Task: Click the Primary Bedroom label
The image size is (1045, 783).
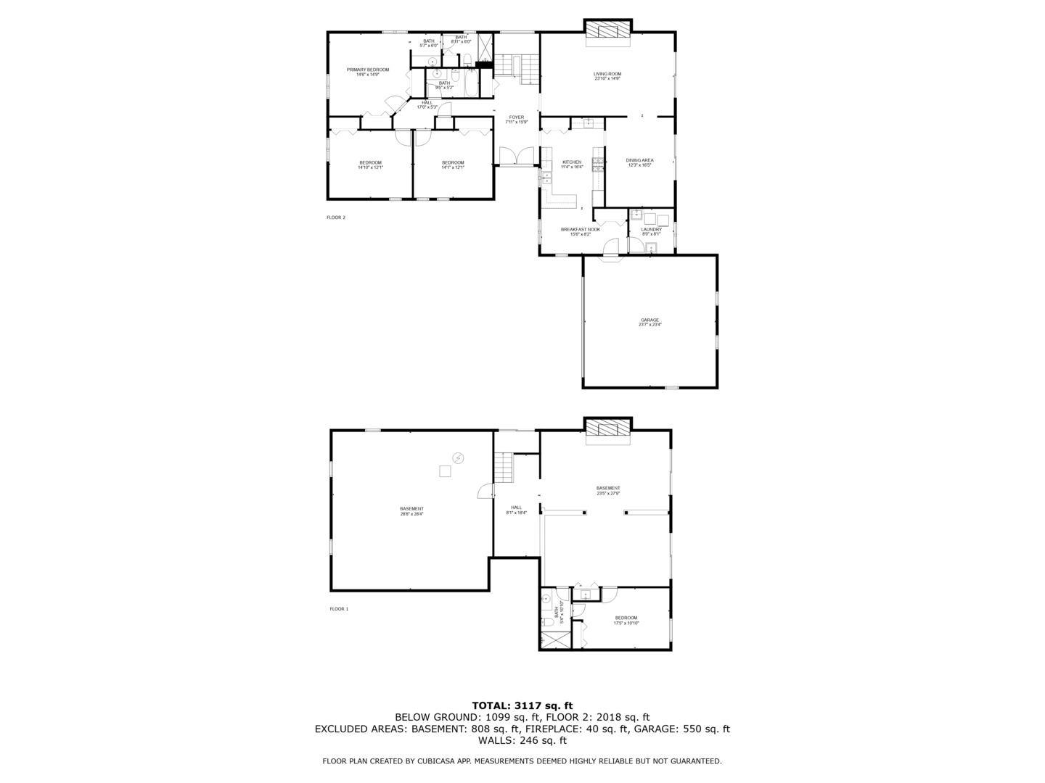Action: (367, 70)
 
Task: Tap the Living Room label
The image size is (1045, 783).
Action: (607, 74)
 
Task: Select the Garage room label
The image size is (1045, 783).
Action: (649, 320)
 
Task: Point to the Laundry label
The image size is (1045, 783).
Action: (651, 230)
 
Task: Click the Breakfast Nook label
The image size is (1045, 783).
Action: (580, 230)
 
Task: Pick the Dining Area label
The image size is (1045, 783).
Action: (640, 160)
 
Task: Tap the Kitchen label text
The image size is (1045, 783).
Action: (572, 162)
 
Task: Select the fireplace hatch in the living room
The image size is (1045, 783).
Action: (607, 30)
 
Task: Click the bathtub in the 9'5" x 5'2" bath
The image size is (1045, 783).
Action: (470, 84)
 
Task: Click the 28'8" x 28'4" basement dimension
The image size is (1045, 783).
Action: (411, 514)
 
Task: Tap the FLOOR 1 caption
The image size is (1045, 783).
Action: (339, 609)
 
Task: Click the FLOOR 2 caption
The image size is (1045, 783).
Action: (336, 217)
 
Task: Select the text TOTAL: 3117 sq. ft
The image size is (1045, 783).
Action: (522, 705)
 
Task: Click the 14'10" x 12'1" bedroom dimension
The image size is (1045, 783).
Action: (370, 167)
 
